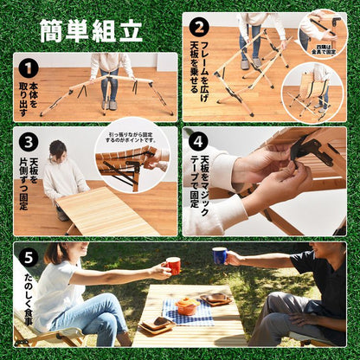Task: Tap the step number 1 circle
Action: [28, 68]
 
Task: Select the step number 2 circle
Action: [198, 26]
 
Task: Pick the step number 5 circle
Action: [28, 257]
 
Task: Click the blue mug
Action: [219, 256]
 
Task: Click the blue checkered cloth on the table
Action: [189, 312]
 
